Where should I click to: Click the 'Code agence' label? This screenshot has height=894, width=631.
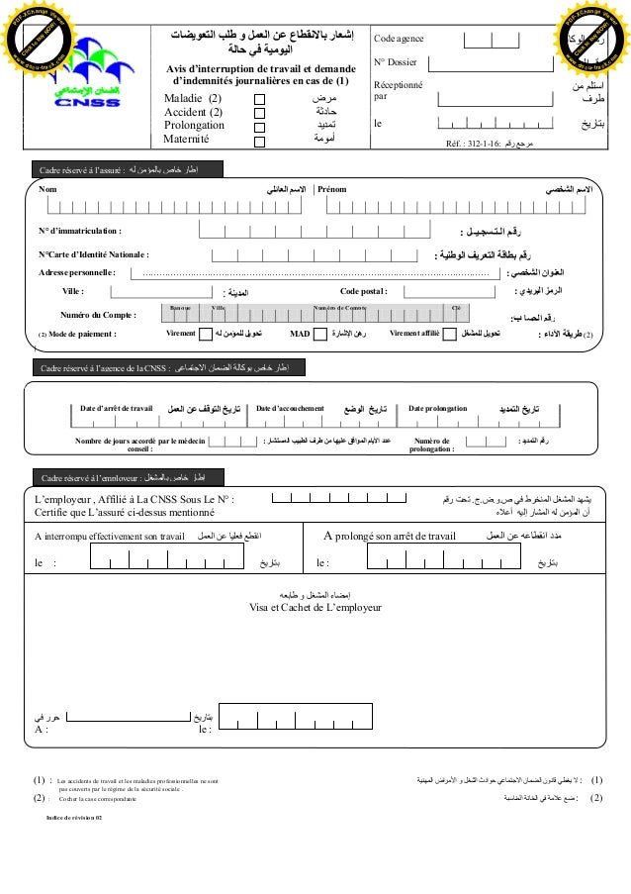(398, 39)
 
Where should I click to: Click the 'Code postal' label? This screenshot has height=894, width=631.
(364, 291)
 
